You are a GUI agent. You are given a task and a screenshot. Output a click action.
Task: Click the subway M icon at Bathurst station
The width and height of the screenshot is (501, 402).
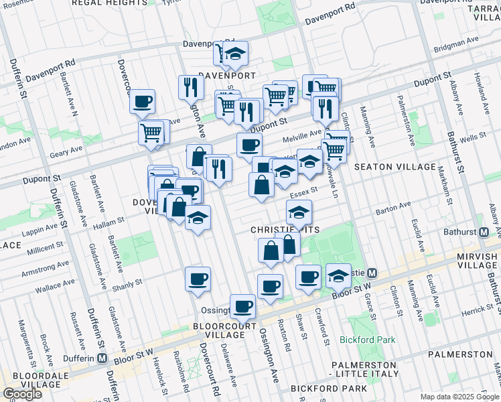[x=484, y=232]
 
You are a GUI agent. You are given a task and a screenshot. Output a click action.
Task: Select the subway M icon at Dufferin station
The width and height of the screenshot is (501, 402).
[x=101, y=358]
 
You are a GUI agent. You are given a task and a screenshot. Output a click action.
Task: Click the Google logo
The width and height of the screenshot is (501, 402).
[x=22, y=394]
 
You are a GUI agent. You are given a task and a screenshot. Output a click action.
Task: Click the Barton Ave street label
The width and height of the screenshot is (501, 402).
[x=392, y=208]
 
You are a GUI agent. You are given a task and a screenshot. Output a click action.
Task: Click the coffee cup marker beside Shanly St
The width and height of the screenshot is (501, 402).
[x=198, y=279]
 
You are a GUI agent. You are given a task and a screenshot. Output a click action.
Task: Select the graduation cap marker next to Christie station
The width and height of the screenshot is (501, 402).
[x=338, y=276]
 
